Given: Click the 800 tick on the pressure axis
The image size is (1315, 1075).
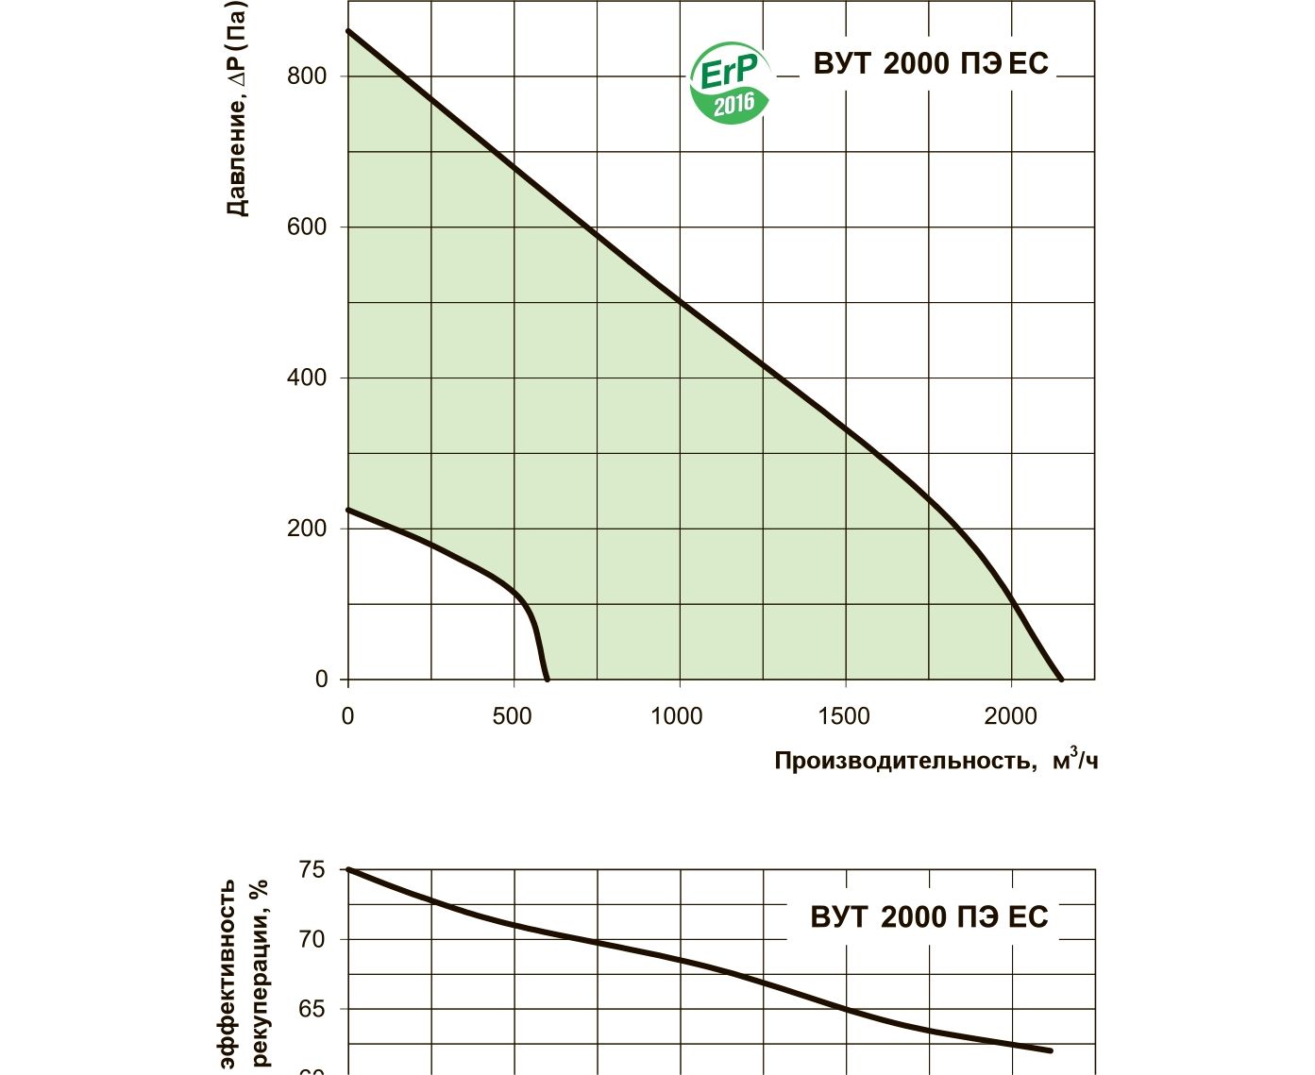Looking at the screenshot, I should click(306, 76).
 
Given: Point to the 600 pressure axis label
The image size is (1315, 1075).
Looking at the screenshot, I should click(306, 227).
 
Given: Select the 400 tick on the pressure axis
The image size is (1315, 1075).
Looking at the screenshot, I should click(306, 378).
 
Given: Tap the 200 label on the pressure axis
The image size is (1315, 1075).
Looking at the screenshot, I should click(306, 529).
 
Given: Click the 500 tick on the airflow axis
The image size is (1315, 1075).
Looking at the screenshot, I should click(512, 716).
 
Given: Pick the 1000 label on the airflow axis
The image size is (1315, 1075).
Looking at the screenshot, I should click(677, 716).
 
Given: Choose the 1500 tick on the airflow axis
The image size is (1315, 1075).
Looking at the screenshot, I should click(844, 716).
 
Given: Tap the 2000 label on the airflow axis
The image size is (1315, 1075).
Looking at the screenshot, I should click(1010, 716).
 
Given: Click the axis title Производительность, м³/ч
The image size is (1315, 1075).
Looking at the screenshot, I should click(936, 760).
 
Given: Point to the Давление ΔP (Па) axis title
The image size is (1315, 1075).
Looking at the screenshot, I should click(237, 109).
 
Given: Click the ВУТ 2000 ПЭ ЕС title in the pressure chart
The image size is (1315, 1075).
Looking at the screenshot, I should click(931, 63).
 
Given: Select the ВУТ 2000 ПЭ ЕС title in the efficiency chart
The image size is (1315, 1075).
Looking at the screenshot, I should click(929, 917).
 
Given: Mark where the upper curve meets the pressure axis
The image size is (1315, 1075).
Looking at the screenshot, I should click(348, 31).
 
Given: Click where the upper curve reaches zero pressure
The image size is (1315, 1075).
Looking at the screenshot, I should click(1061, 679).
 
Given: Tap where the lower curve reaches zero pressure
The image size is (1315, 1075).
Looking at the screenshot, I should click(548, 679).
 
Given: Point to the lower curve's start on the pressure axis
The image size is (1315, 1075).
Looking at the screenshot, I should click(348, 510).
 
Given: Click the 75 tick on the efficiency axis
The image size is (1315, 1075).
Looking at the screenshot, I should click(312, 869).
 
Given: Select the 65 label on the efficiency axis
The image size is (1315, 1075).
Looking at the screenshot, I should click(312, 1009).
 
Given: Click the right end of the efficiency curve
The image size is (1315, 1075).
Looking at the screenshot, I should click(1051, 1050).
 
